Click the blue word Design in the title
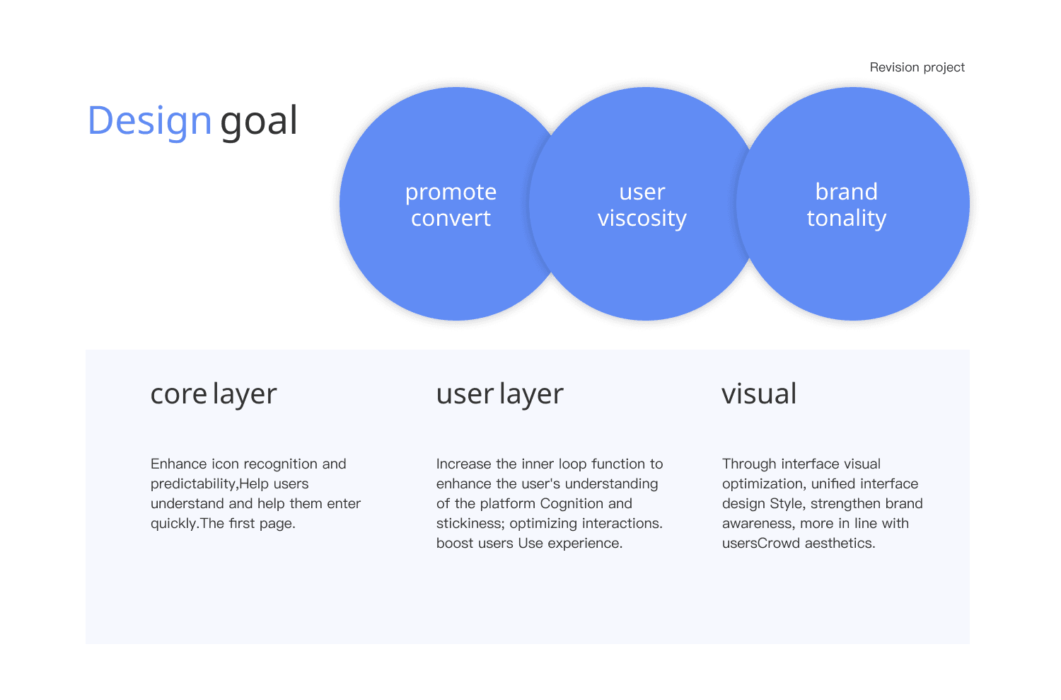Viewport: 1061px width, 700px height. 149,121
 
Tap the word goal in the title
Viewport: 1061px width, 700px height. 259,121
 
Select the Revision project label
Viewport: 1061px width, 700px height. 917,67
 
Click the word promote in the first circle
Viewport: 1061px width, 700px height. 451,192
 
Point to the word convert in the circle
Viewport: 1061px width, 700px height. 451,218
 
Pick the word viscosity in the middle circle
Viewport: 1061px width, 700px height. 642,218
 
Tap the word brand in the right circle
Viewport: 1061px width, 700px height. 846,192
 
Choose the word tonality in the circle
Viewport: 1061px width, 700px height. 846,218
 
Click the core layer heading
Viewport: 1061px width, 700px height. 214,394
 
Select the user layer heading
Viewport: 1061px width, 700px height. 499,394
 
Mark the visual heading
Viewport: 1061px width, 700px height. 759,394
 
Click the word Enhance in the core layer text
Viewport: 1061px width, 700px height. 179,464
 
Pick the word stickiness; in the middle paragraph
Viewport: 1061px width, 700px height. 470,524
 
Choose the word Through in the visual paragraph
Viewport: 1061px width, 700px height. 749,464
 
